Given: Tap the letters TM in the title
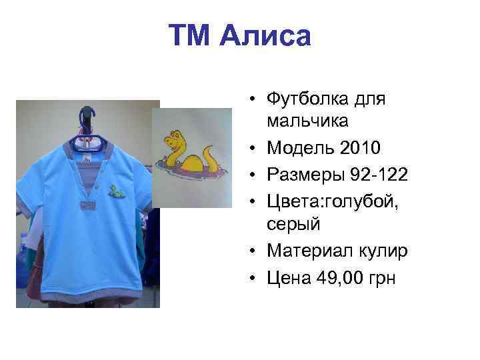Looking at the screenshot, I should coord(192,35).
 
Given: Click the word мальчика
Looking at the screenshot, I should coord(307,121).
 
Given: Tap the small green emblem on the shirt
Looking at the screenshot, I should coord(116,190).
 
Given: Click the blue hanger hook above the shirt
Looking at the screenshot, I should coord(86,115).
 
